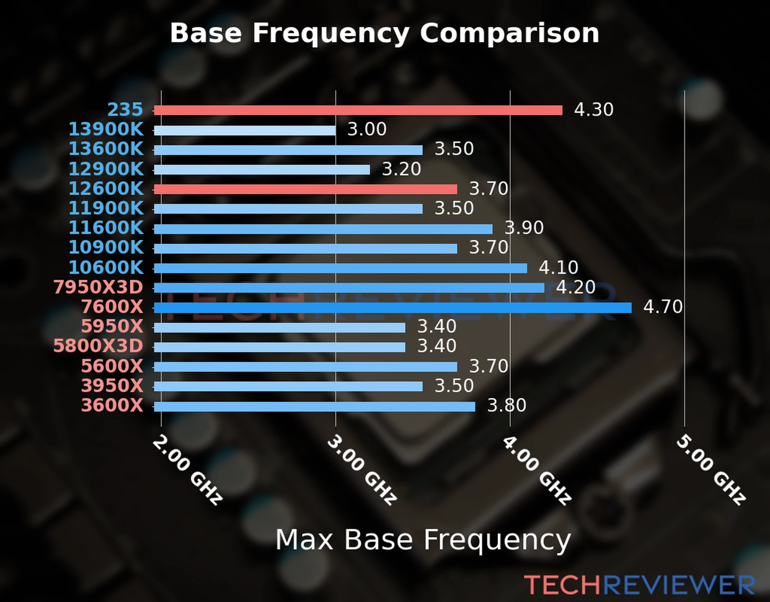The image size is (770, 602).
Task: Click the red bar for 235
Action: click(x=358, y=110)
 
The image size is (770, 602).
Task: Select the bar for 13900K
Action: click(x=245, y=130)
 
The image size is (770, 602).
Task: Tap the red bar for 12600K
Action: click(x=305, y=189)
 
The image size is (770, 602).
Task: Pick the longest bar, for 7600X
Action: click(x=393, y=308)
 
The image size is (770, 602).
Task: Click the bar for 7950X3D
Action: click(x=349, y=288)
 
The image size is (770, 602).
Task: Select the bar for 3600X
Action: click(x=314, y=406)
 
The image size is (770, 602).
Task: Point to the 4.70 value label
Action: click(x=663, y=307)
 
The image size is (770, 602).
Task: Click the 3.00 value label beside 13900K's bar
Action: click(x=367, y=129)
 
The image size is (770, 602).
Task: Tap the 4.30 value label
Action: click(x=594, y=109)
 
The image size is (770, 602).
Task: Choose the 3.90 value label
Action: click(x=524, y=228)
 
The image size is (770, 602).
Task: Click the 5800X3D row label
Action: click(x=98, y=346)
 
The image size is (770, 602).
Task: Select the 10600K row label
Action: click(x=106, y=267)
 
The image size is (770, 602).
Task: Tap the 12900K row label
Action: click(x=106, y=169)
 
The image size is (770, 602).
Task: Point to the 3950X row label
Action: click(x=112, y=386)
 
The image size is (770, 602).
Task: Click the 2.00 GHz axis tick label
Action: click(x=187, y=470)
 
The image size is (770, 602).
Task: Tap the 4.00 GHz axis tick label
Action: click(x=536, y=470)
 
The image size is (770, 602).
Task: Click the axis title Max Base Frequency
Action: click(x=423, y=540)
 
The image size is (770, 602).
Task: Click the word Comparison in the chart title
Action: click(x=509, y=33)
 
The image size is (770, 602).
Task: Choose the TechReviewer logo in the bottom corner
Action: click(x=639, y=585)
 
